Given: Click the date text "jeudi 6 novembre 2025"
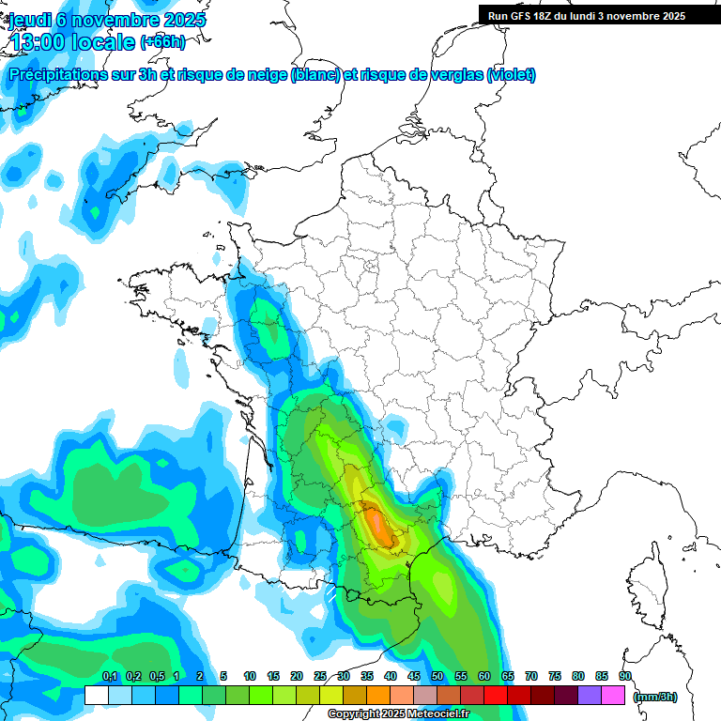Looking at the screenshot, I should pos(108,20).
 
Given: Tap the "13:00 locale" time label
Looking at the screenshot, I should pos(72,41).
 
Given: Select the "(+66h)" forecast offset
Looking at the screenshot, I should pos(162,42).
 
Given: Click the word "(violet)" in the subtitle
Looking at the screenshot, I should pos(511,75).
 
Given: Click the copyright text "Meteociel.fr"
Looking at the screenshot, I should pos(437,714).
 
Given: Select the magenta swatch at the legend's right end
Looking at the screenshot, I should pos(614,696).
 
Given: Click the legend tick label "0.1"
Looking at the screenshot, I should pos(109,677).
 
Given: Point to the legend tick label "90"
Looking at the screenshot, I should pos(625,677).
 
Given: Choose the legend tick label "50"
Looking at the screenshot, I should pos(437,677).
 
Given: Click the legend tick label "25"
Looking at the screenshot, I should pos(320,677).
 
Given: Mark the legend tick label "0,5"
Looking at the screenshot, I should pos(157,677).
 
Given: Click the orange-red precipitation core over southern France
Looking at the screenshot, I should pos(379,525).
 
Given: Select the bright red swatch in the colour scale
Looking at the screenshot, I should pos(496,696).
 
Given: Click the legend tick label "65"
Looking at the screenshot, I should pos(508,677).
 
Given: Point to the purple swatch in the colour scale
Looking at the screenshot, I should pos(590,696).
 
